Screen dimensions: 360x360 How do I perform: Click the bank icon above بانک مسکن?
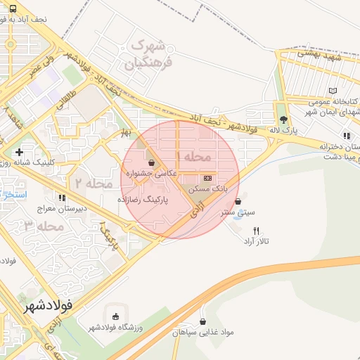[x=207, y=179]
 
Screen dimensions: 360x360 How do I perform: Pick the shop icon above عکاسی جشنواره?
[x=152, y=162]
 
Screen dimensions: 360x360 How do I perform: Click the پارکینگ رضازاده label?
[x=148, y=200]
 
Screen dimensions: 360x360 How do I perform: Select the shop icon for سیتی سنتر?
[x=245, y=201]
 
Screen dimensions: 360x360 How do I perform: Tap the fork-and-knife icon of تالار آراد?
[x=257, y=231]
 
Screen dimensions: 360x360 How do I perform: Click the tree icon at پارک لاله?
[x=283, y=120]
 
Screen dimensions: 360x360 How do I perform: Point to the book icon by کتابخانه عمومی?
[x=333, y=91]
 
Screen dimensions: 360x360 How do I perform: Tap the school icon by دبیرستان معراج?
[x=62, y=198]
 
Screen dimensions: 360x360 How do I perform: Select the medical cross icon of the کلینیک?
[x=19, y=152]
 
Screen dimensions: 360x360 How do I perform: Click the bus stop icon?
[x=15, y=8]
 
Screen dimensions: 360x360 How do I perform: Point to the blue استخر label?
[x=12, y=193]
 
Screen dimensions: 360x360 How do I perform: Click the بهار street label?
[x=125, y=131]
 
